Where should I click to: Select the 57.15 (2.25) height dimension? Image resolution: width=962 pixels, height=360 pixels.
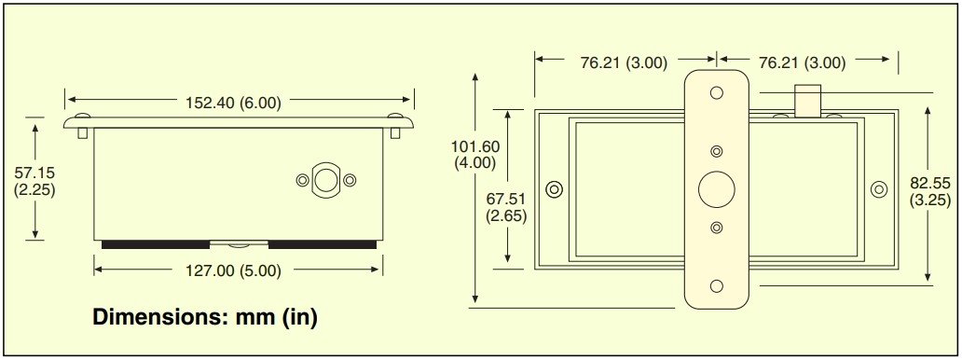35,180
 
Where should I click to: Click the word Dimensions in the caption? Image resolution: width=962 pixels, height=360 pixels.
155,317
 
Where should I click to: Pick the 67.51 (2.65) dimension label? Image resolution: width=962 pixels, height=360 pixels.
507,206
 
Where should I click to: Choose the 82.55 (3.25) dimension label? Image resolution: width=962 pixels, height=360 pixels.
929,191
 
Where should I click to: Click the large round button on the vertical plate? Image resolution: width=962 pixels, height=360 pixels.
716,189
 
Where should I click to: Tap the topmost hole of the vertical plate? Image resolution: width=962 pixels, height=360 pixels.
716,93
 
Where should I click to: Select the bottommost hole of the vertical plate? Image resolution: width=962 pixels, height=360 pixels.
716,286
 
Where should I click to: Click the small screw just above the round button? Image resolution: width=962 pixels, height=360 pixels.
716,152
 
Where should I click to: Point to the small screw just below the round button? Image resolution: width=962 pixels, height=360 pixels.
716,227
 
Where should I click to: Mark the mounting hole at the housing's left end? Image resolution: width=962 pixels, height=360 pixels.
555,189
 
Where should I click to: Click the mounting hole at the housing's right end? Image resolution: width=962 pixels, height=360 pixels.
878,189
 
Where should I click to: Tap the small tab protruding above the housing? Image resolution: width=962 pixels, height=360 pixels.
806,99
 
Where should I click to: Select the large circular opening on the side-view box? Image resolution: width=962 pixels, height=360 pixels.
324,180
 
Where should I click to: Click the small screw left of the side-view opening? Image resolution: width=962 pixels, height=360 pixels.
301,180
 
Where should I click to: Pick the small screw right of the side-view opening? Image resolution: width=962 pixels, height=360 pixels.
350,180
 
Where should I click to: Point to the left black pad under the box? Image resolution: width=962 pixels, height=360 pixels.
155,244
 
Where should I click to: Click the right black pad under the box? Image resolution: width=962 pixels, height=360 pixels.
323,244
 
